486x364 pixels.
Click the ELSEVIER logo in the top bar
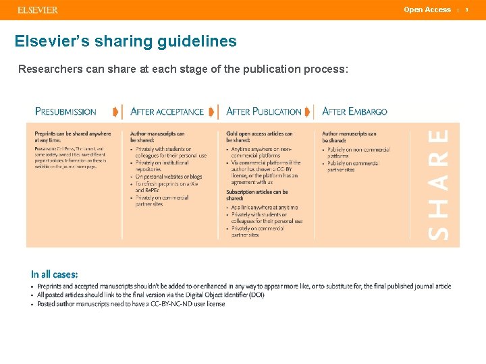37,10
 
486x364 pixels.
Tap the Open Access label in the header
427,9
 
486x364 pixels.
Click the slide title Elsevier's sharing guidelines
126,41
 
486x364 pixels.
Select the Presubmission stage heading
65,111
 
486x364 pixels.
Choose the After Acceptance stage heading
167,111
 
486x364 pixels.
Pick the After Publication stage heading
264,111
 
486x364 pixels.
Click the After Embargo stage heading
354,111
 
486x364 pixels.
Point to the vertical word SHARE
439,185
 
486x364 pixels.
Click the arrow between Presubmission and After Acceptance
116,111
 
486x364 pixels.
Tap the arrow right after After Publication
308,111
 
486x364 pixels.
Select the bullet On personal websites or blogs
169,177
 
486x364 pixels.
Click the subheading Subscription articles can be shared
256,195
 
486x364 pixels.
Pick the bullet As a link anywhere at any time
265,208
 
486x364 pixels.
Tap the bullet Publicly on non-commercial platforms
358,152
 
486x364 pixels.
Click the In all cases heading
54,274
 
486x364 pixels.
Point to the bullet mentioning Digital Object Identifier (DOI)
151,295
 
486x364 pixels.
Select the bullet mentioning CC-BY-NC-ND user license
131,303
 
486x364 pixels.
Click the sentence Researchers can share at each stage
183,69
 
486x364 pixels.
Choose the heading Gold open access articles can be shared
259,137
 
